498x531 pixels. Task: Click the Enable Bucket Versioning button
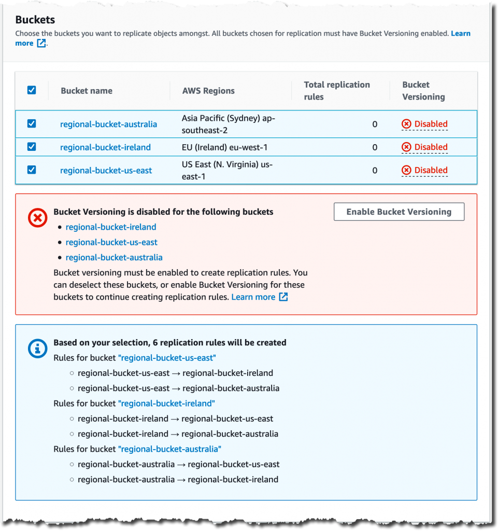[x=399, y=212]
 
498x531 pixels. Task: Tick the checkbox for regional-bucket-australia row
[x=32, y=123]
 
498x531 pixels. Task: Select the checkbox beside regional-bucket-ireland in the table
[x=32, y=147]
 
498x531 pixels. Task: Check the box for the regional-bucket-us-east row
[x=32, y=170]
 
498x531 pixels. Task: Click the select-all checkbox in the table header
[x=32, y=90]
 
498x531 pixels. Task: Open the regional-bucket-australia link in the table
[x=108, y=124]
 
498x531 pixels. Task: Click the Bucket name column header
[x=87, y=91]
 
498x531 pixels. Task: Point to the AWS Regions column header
[x=208, y=91]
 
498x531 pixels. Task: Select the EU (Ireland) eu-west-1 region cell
[x=224, y=147]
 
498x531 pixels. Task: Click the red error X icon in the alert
[x=37, y=218]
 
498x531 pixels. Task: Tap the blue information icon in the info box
[x=37, y=349]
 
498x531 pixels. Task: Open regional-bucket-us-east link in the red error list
[x=111, y=242]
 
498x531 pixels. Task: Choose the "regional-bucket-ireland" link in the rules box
[x=166, y=403]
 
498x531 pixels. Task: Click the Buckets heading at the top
[x=35, y=20]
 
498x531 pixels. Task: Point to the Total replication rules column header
[x=337, y=90]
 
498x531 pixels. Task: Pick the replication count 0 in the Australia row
[x=375, y=124]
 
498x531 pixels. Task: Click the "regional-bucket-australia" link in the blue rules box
[x=169, y=449]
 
